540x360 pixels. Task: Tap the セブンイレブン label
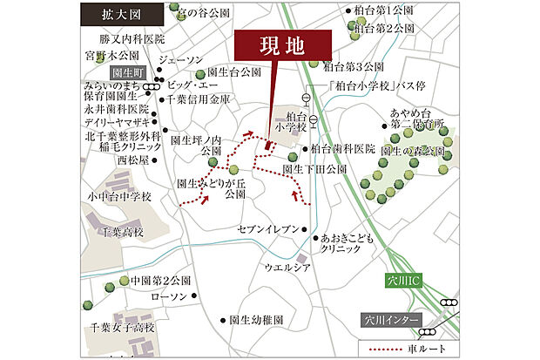click(267, 228)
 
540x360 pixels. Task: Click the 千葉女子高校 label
click(123, 327)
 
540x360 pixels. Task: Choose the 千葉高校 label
click(121, 233)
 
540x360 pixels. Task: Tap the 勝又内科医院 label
click(132, 40)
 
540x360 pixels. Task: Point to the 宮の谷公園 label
click(203, 14)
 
